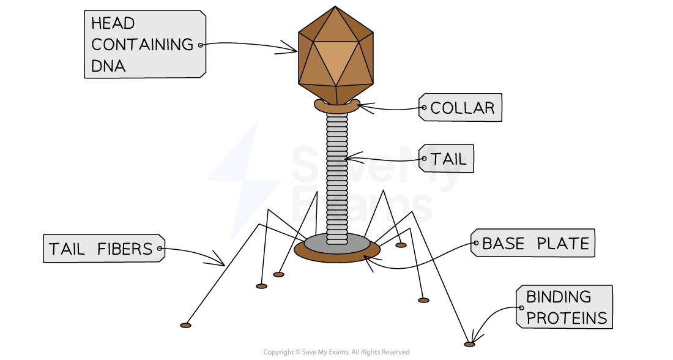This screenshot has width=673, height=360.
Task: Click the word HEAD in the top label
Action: [113, 23]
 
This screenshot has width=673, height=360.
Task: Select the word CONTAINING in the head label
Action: [142, 45]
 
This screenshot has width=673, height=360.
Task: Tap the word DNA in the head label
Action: [108, 66]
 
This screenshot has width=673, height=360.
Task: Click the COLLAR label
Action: [462, 108]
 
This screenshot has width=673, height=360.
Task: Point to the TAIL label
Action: [448, 159]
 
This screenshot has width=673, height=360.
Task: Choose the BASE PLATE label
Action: [535, 244]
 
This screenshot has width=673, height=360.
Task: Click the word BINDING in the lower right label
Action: [559, 297]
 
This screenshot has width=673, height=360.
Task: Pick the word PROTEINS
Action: [567, 318]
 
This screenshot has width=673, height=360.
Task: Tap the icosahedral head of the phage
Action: [335, 55]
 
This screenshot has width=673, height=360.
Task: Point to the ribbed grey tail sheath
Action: [336, 178]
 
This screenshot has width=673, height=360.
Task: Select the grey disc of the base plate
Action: [337, 243]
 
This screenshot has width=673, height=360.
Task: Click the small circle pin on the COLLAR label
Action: [423, 108]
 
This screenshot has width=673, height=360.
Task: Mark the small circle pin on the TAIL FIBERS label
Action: [160, 249]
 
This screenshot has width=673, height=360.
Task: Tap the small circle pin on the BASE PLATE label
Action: [475, 244]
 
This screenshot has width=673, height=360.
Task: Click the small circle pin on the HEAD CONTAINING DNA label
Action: [200, 45]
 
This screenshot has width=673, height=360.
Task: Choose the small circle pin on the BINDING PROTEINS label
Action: [521, 307]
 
